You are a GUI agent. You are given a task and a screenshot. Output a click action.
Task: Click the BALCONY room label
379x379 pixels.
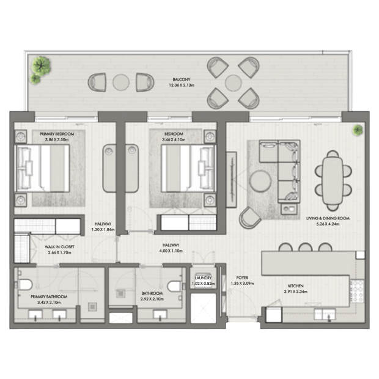coord(182,79)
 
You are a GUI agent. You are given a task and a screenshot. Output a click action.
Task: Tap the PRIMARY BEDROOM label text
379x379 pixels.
coord(57,134)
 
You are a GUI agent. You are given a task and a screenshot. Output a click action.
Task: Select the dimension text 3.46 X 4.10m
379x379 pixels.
coord(174,140)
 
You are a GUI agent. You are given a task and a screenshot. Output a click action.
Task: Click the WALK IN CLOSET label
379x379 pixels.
coord(59,247)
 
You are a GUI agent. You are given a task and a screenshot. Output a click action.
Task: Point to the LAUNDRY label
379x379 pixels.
coord(204,278)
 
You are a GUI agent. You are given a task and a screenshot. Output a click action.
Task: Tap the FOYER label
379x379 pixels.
coord(242,278)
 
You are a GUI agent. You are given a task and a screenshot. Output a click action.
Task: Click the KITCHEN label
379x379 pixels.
coord(296,285)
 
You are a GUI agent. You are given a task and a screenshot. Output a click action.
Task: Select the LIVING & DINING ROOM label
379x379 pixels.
coord(328,218)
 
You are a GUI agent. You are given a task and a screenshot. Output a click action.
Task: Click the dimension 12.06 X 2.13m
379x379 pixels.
coord(182,85)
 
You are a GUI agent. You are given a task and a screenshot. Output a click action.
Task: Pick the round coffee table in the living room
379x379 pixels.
coord(260,181)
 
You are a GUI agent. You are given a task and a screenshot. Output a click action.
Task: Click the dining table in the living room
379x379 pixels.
coord(333,181)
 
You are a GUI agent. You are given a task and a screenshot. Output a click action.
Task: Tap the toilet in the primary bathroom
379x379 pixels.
coord(24,284)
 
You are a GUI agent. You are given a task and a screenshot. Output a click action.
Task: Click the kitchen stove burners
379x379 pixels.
coord(357,291)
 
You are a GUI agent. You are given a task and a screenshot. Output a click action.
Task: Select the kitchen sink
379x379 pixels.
coord(325,314)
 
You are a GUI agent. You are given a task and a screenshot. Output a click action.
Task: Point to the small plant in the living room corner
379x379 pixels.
coord(358,130)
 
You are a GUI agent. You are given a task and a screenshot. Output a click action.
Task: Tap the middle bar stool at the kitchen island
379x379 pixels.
coord(305,248)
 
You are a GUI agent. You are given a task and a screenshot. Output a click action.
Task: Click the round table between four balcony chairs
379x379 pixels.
coord(234,83)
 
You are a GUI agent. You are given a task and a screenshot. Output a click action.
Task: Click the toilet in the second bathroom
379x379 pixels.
coord(174,286)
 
